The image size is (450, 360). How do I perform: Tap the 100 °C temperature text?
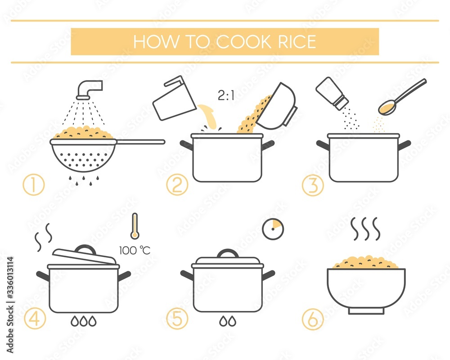click(x=135, y=251)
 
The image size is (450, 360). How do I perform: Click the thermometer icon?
click(x=134, y=226)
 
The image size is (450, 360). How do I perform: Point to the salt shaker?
click(x=332, y=93)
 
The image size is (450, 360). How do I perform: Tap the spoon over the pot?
click(x=401, y=97)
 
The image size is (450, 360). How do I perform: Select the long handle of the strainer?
click(x=140, y=142)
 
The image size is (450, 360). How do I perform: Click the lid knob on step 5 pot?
click(x=228, y=253)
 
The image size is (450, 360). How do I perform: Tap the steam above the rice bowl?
click(x=366, y=229)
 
